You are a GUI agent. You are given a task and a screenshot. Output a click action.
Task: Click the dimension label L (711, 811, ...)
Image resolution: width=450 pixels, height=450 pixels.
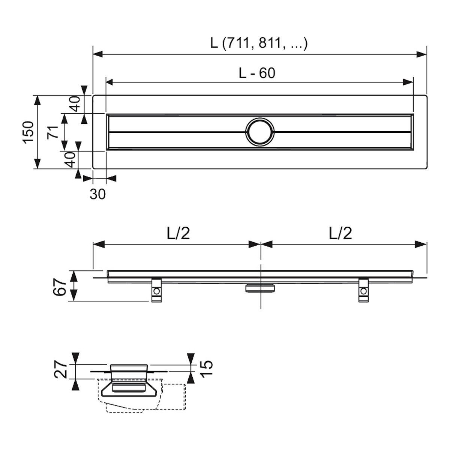[x=259, y=43]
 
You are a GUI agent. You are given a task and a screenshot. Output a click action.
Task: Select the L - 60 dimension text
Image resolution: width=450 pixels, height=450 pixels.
[x=257, y=73]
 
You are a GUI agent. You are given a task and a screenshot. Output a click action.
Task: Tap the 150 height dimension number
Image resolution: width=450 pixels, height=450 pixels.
[x=29, y=132]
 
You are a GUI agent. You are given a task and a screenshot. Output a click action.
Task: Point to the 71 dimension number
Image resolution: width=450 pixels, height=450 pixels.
[x=53, y=132]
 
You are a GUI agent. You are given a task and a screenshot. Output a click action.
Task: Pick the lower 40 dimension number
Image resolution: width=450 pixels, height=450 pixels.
[x=70, y=160]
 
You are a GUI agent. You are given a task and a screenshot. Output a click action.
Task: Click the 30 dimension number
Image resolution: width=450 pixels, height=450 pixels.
[x=97, y=194]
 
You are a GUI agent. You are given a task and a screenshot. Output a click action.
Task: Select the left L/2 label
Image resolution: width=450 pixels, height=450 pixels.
[x=178, y=233]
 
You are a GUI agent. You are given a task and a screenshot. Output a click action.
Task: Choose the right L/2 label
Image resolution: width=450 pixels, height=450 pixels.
[x=340, y=233]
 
